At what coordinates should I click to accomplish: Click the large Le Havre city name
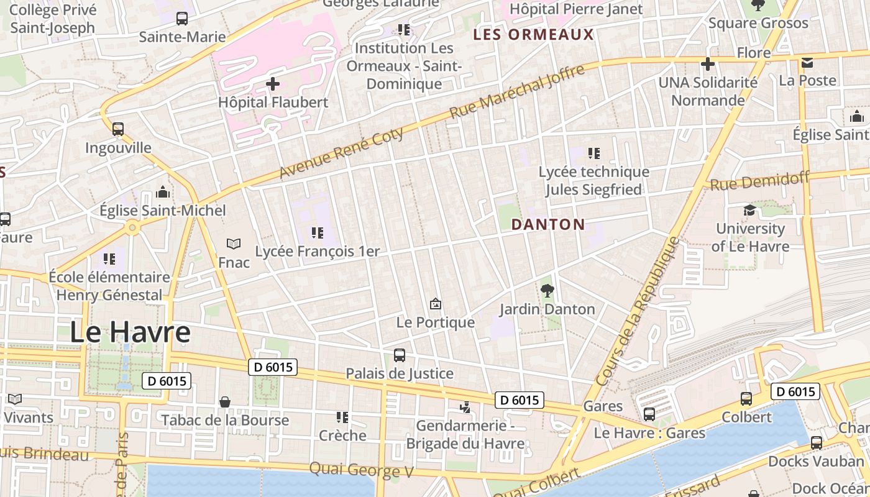(130, 332)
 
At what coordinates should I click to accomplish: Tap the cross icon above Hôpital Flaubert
(273, 84)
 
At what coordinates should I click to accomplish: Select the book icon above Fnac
(234, 244)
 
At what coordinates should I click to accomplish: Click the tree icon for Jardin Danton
(547, 290)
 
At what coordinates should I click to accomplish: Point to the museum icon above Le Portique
(436, 304)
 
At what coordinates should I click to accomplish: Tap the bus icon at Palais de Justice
(400, 355)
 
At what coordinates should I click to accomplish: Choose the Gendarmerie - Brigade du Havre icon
(465, 408)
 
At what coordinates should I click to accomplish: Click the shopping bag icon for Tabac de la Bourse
(225, 402)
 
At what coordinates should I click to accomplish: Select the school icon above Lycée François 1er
(318, 233)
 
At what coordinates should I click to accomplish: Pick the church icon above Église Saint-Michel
(163, 192)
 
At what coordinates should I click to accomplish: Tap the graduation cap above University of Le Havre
(749, 210)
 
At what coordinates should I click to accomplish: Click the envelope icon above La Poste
(807, 63)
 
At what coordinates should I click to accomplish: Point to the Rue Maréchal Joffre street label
(517, 91)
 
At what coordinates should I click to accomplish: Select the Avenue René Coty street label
(342, 153)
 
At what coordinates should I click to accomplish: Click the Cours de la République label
(638, 311)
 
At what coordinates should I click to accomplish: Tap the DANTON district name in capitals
(548, 225)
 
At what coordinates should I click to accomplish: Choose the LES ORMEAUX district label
(534, 35)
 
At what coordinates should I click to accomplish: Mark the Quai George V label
(361, 470)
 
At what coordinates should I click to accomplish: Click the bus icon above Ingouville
(118, 129)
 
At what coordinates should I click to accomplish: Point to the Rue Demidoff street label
(759, 181)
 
